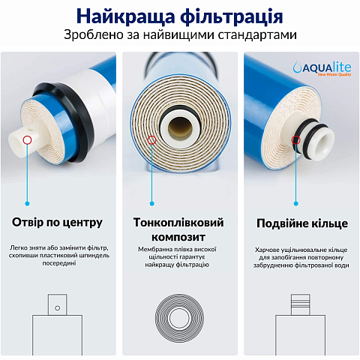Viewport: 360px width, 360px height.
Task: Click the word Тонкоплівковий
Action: coord(180,223)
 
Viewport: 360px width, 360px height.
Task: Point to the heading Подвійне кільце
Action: coord(301,223)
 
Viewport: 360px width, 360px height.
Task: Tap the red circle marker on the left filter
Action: coord(28,139)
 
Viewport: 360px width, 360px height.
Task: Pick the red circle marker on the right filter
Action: coord(295,139)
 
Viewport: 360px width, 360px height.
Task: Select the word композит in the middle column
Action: coord(180,237)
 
